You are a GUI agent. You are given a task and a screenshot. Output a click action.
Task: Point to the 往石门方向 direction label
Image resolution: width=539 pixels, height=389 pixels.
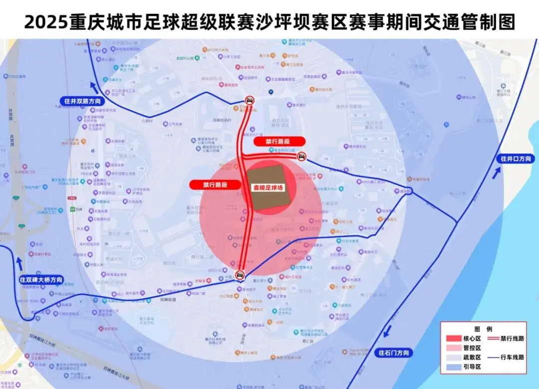[393, 353]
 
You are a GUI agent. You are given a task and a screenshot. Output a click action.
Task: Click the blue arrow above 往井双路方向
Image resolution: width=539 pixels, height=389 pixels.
[94, 84]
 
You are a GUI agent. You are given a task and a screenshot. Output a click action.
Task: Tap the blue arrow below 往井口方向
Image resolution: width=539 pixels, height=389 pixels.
[497, 173]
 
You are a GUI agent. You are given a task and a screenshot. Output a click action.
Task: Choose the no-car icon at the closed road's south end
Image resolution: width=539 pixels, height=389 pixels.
[241, 274]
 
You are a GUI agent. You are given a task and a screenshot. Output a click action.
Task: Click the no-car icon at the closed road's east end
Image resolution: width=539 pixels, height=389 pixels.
[301, 157]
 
